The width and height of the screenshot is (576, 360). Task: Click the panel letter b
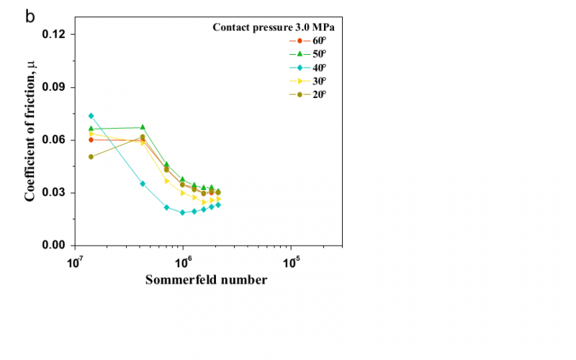pyautogui.click(x=30, y=16)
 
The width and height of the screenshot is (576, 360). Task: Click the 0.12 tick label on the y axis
pyautogui.click(x=54, y=35)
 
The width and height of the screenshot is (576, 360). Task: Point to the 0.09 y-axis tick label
pyautogui.click(x=54, y=87)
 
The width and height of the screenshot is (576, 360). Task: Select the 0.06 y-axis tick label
pyautogui.click(x=54, y=140)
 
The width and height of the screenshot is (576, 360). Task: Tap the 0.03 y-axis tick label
pyautogui.click(x=54, y=192)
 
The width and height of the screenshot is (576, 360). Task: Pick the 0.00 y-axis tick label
pyautogui.click(x=54, y=246)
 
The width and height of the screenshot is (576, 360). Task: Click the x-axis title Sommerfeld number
pyautogui.click(x=207, y=279)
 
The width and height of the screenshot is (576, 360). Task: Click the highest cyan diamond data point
pyautogui.click(x=91, y=116)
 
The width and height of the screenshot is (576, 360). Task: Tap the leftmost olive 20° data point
pyautogui.click(x=91, y=157)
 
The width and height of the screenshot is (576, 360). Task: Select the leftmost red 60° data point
pyautogui.click(x=91, y=140)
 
